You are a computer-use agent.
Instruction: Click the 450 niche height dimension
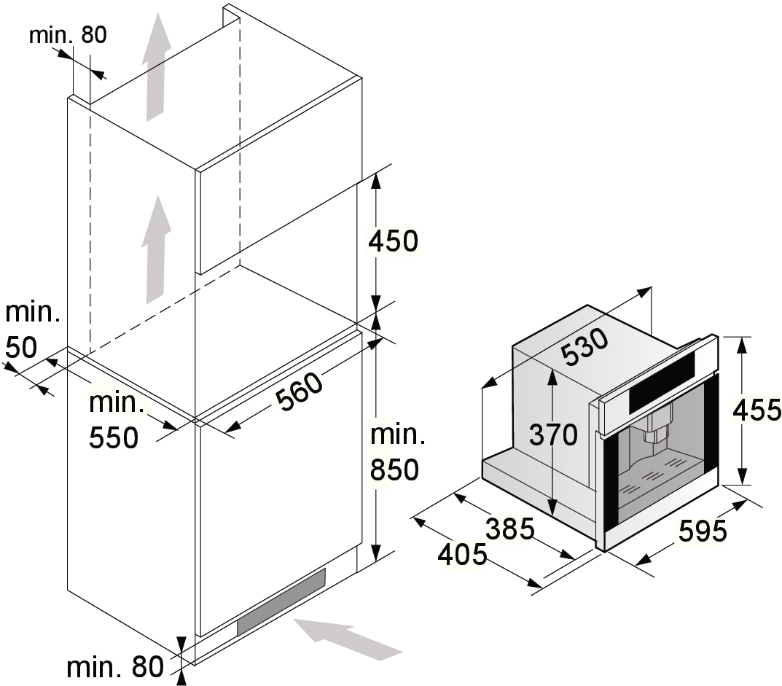[394, 241]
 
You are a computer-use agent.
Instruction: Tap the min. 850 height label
[396, 452]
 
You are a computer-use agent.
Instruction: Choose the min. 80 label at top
[68, 35]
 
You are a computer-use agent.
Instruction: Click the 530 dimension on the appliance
[584, 348]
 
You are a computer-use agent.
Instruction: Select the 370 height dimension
[552, 435]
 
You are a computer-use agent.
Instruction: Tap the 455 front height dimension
[756, 410]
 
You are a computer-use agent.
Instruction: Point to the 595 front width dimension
[703, 531]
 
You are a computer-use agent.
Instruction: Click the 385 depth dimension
[510, 528]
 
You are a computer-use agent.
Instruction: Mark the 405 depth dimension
[462, 555]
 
